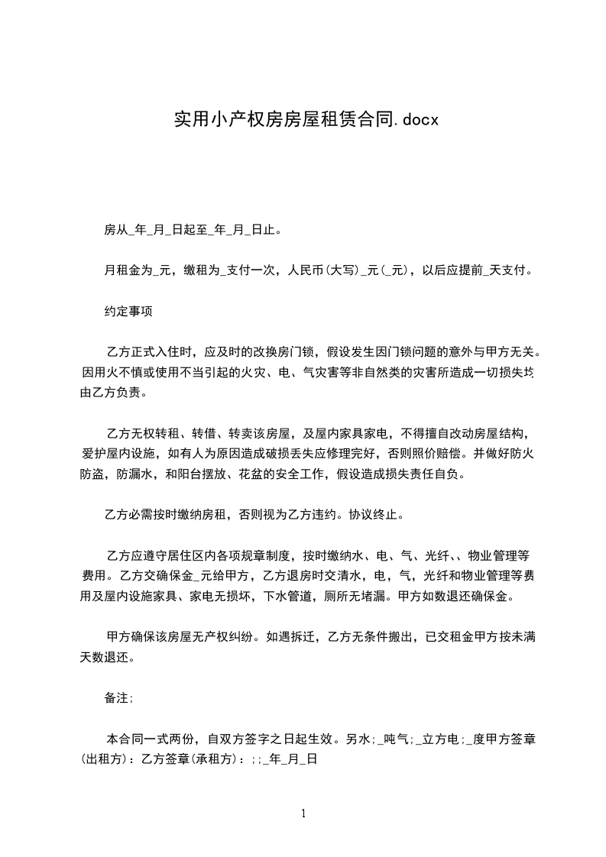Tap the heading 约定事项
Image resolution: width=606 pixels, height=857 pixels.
click(x=128, y=312)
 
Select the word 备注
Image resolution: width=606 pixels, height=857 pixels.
click(x=117, y=698)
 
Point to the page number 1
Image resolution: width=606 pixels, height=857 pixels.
click(x=303, y=813)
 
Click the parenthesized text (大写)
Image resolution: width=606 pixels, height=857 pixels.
click(x=342, y=270)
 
